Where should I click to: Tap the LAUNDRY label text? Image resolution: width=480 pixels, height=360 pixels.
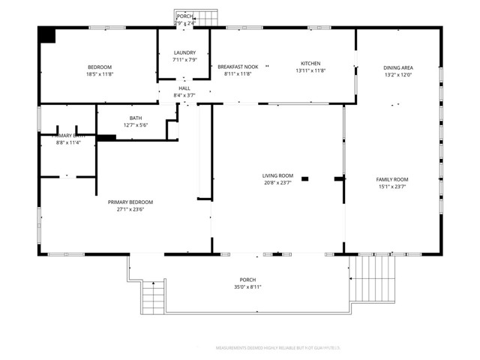tap(184, 52)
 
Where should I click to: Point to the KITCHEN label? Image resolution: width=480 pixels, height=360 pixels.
tap(310, 63)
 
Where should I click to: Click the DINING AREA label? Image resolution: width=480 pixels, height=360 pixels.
tap(398, 67)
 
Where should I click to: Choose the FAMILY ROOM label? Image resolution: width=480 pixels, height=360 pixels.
tap(391, 179)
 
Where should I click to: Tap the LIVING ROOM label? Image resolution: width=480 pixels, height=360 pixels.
tap(277, 175)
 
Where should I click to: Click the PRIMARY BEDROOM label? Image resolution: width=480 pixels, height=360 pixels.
tap(130, 202)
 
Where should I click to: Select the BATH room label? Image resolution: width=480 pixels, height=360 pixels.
tap(136, 118)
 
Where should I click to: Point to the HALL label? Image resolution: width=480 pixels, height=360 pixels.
tap(184, 88)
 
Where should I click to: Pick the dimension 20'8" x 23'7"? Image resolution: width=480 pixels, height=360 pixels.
tap(277, 183)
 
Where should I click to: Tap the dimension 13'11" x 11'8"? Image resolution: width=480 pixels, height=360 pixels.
tap(310, 70)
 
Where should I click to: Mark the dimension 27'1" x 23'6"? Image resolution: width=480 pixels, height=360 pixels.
tap(130, 210)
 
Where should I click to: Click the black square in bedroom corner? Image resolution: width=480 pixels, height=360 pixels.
tap(48, 35)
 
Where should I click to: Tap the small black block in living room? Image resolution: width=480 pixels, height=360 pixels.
tap(304, 178)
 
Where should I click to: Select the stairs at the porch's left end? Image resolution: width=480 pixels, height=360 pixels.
tap(152, 298)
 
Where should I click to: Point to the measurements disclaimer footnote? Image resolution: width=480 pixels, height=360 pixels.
tap(278, 348)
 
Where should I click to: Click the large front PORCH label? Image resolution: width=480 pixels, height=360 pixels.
tap(247, 279)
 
